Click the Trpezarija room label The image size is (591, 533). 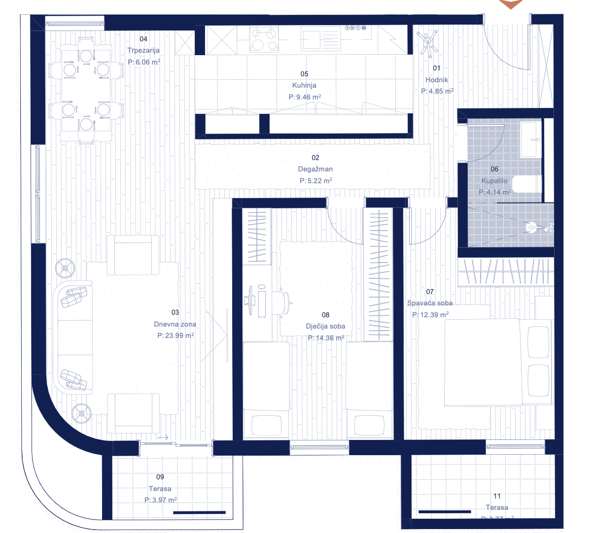tap(143, 50)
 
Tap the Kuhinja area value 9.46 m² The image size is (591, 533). tap(305, 97)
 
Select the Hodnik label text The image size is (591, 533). tap(437, 80)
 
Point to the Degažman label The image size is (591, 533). tap(315, 169)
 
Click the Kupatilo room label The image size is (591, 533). tap(494, 181)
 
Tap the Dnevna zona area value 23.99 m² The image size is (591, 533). tap(175, 335)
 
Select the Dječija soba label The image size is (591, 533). tap(325, 326)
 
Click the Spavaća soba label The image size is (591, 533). tap(430, 303)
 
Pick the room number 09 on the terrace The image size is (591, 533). tap(160, 477)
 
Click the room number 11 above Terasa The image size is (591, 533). tap(497, 496)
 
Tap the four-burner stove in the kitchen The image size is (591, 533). tap(264, 39)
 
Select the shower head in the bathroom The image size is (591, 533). tap(531, 228)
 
